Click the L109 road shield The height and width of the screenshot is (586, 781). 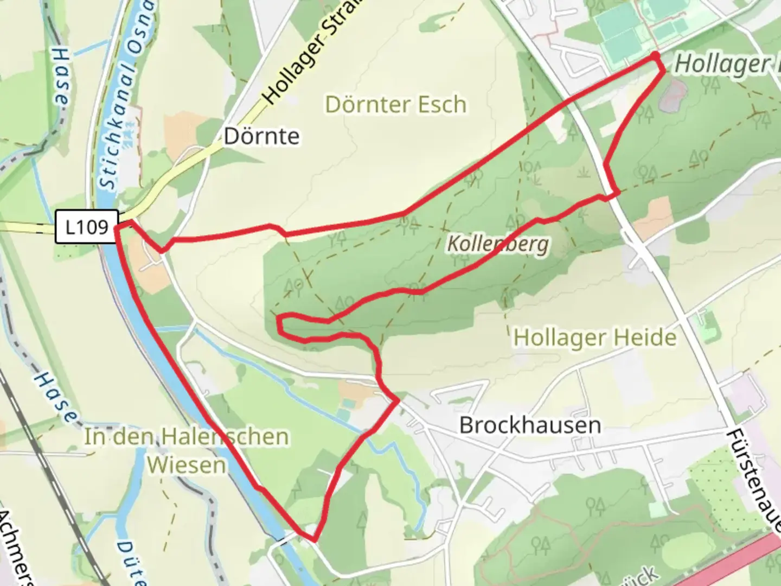click(x=87, y=226)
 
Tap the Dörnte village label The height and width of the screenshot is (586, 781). click(x=261, y=136)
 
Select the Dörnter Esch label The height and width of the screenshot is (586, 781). click(x=395, y=104)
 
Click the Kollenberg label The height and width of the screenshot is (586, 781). click(x=497, y=244)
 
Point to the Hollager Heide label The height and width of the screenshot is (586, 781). click(x=595, y=337)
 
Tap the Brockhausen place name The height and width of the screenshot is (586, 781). click(x=530, y=425)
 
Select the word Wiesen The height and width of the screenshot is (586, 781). click(x=186, y=465)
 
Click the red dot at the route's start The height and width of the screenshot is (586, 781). click(x=655, y=56)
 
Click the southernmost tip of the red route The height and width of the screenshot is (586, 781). click(x=313, y=539)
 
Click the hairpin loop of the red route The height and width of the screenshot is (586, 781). click(x=281, y=323)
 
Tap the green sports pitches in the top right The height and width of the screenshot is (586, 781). click(x=618, y=27)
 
